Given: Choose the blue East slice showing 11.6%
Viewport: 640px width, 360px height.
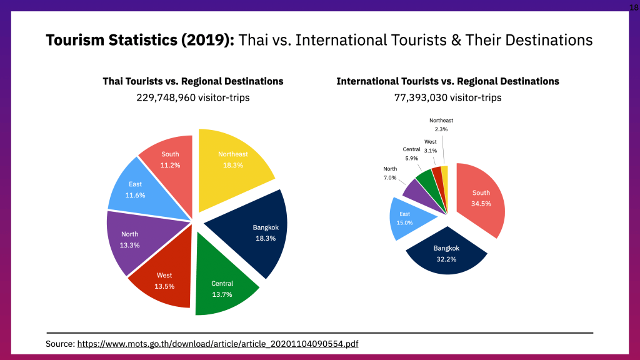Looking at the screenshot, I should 136,189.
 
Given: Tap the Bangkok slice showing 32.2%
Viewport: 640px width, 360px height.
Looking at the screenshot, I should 446,252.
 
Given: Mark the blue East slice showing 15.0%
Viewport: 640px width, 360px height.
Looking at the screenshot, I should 407,218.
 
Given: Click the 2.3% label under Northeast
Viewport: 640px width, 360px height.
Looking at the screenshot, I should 441,129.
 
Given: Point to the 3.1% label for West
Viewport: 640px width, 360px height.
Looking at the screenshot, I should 431,151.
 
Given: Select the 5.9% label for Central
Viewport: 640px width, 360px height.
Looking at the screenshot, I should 411,158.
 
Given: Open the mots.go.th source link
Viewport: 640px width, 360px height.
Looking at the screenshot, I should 217,344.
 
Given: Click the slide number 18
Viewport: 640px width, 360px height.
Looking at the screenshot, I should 634,6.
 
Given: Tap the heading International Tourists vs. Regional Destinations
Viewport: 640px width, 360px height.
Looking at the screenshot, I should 447,81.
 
